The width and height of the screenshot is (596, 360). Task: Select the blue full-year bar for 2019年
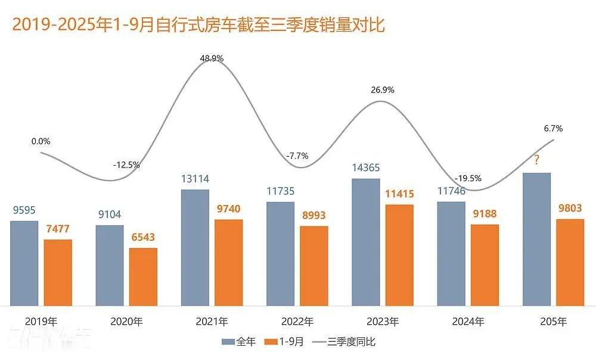[24, 263]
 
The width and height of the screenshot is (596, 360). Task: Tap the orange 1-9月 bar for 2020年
[143, 276]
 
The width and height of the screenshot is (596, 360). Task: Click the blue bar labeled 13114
[195, 247]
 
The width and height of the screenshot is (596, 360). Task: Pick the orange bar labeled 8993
[314, 265]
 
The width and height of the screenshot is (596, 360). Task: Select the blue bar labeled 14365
[366, 241]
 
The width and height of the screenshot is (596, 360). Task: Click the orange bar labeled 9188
[485, 265]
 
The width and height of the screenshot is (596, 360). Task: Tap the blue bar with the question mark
[536, 238]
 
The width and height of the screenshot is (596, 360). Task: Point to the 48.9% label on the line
[213, 58]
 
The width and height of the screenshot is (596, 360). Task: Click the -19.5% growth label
[468, 178]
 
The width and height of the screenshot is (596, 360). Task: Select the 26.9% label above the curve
[382, 90]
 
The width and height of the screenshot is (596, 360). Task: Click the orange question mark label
[536, 160]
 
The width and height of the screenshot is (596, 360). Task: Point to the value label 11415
[399, 194]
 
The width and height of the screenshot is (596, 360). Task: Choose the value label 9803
[570, 208]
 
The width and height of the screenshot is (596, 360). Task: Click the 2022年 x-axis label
[297, 322]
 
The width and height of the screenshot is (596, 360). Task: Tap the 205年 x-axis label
[552, 322]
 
